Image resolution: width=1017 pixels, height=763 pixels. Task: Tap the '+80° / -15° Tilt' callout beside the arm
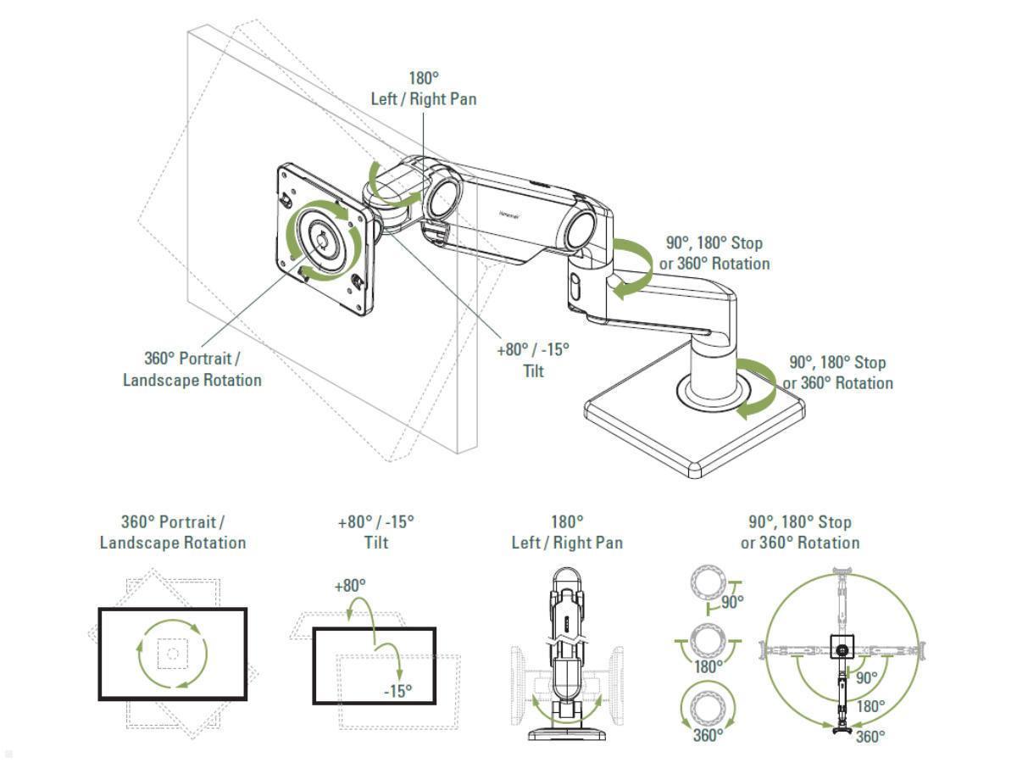click(532, 359)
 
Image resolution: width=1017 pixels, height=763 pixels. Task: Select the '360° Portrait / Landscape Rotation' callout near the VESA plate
click(192, 369)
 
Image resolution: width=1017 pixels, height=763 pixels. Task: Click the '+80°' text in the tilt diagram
click(349, 585)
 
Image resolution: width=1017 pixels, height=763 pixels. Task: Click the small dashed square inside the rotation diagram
click(172, 654)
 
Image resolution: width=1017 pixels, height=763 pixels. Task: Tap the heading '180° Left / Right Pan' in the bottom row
click(567, 532)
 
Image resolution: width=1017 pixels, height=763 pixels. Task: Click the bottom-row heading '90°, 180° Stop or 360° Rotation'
click(799, 532)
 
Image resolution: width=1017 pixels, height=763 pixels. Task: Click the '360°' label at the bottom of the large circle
click(870, 736)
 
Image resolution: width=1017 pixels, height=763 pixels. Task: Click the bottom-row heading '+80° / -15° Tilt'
click(375, 532)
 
